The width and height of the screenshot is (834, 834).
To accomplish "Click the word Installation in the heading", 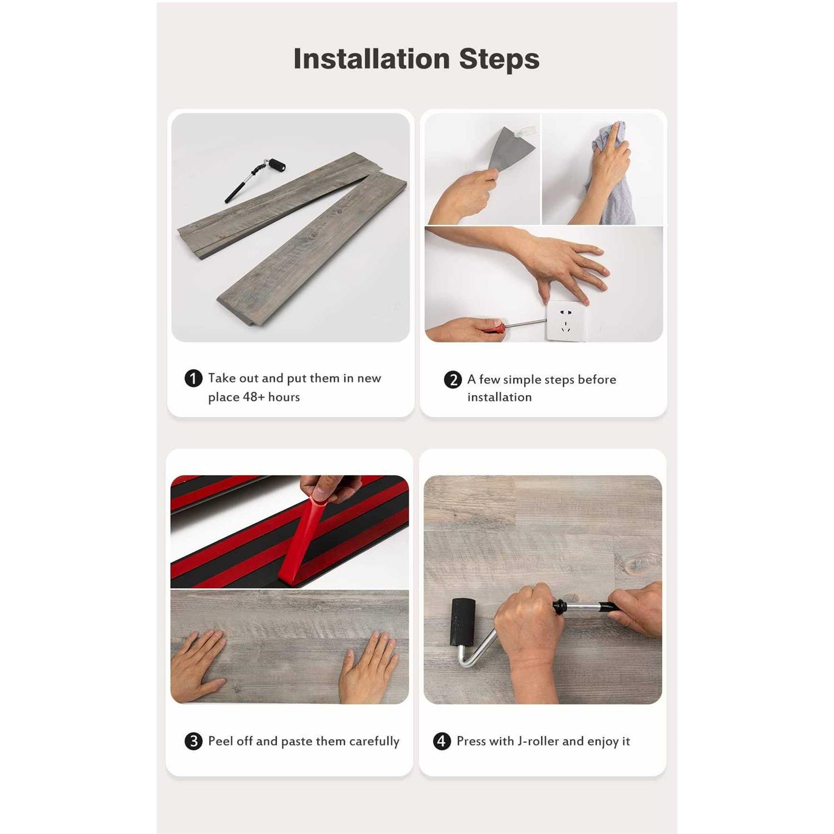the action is click(x=371, y=58).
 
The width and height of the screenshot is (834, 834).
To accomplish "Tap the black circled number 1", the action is click(x=193, y=379).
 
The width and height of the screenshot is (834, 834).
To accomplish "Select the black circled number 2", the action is click(x=453, y=380).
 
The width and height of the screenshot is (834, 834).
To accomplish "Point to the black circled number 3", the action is click(x=193, y=741).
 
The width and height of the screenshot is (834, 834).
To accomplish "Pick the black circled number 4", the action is click(x=441, y=741).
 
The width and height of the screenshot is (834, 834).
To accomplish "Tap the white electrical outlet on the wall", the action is click(x=566, y=321).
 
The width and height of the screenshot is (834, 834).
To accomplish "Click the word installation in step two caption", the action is click(x=499, y=397).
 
